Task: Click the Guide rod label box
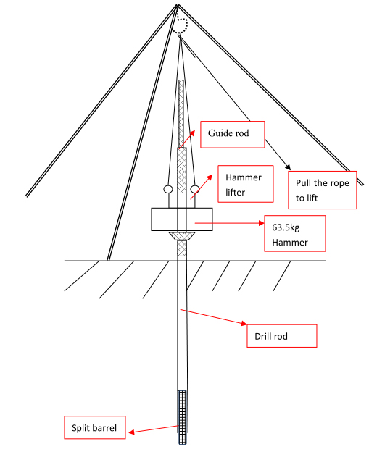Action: coord(232,134)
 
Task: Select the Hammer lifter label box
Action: coord(245,184)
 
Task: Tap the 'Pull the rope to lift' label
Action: coord(322,190)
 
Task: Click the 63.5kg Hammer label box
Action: coord(295,233)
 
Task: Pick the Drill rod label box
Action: coord(282,336)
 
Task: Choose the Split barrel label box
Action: coord(94,427)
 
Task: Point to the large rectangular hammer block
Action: coord(182,219)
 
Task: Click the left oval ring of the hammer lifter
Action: coord(168,189)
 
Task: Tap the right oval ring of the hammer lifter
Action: coord(195,189)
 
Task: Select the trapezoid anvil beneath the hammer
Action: coord(182,236)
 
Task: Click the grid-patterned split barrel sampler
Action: coord(183,417)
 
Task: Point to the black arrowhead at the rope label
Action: coord(288,167)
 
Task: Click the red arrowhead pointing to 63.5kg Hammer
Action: coord(261,223)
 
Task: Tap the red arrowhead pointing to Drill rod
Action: coord(244,324)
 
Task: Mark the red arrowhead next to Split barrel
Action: coord(132,432)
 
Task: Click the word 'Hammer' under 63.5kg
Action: coord(290,243)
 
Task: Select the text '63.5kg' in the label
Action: coord(286,227)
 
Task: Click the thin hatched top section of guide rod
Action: coord(181,114)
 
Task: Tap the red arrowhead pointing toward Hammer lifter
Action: coord(210,177)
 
